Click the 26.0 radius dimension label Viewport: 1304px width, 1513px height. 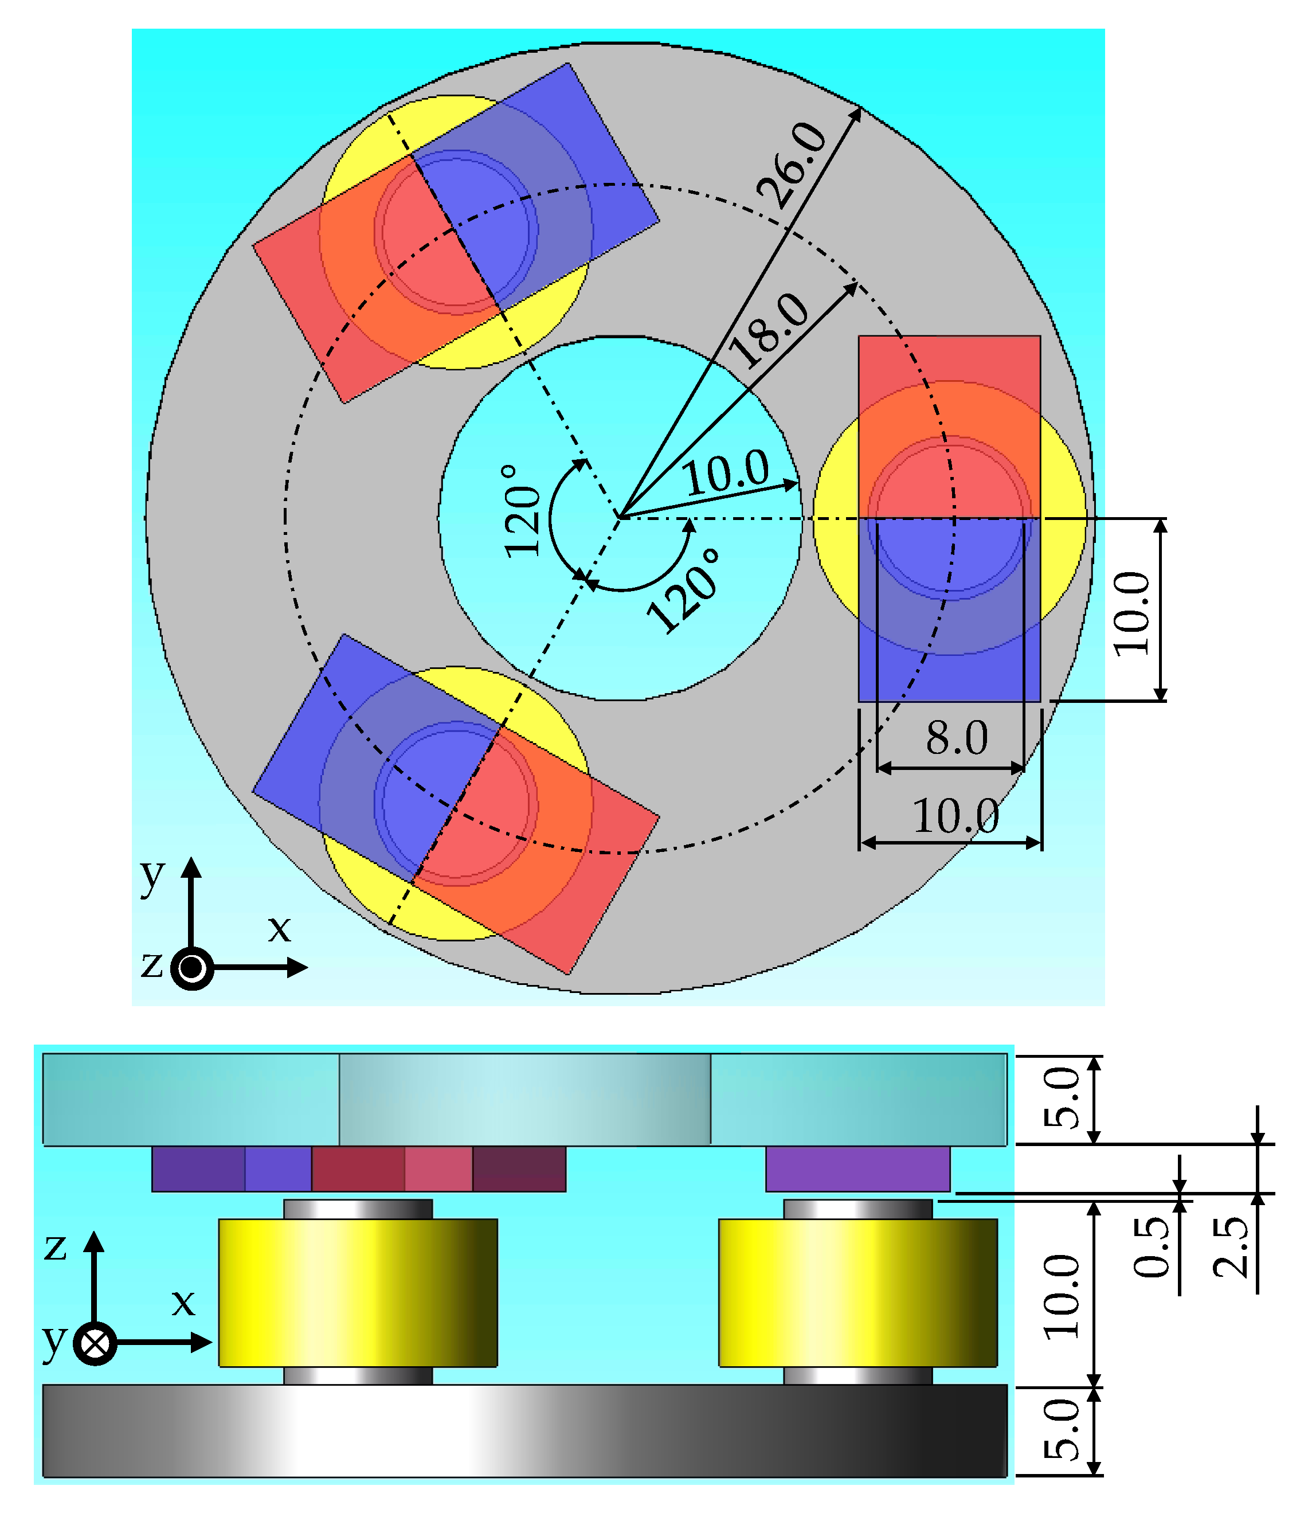(793, 166)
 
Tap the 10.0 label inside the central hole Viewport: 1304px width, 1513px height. (726, 472)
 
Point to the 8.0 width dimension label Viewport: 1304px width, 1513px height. (957, 738)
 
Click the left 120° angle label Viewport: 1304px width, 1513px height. (523, 511)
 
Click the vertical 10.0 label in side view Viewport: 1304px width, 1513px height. (1062, 1296)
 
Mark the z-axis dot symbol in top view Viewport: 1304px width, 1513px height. (192, 968)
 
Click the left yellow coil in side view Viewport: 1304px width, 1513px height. (358, 1292)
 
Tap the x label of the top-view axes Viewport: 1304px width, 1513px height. (279, 929)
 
